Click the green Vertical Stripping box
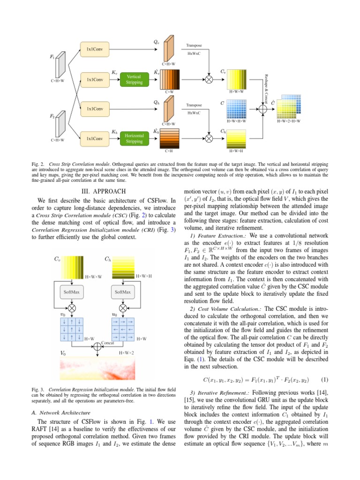pos(135,79)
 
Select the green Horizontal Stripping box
pos(135,138)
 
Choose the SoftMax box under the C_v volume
pos(71,292)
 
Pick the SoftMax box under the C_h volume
pos(122,292)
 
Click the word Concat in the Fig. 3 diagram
pos(108,343)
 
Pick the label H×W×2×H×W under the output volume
pos(288,121)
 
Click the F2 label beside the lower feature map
pos(52,115)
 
